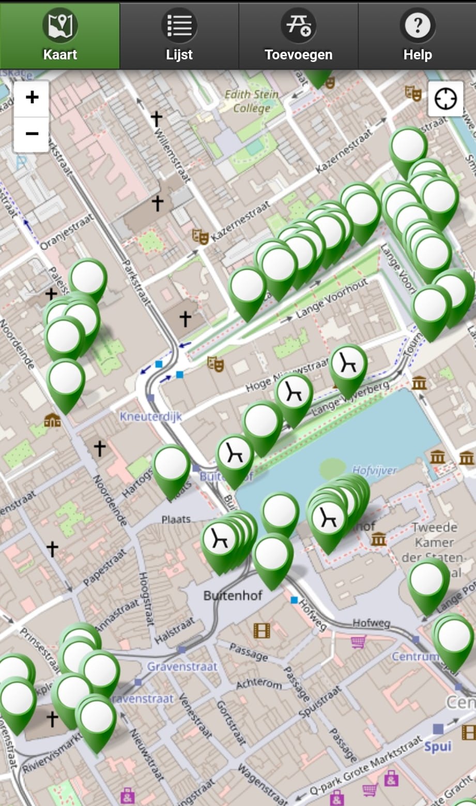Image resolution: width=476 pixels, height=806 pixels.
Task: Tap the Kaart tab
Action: (60, 35)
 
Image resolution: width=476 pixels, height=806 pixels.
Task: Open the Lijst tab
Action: (179, 35)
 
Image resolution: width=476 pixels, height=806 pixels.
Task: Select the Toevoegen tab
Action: (298, 35)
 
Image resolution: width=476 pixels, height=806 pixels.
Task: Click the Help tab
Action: (417, 35)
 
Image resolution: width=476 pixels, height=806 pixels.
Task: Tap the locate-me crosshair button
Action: (446, 99)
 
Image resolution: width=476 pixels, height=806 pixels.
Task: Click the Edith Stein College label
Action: (252, 101)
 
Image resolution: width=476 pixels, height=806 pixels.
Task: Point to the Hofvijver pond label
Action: (375, 470)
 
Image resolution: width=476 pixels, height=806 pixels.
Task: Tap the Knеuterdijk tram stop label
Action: (151, 416)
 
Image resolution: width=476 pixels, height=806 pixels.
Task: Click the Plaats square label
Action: (176, 519)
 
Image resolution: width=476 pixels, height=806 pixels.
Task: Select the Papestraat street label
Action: (105, 566)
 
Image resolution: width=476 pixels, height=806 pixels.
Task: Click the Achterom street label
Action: (259, 685)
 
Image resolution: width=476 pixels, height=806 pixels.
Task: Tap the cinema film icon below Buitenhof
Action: (262, 630)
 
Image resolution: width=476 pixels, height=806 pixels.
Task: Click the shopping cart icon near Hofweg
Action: (358, 642)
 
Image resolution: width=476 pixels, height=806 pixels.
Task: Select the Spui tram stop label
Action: (438, 746)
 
